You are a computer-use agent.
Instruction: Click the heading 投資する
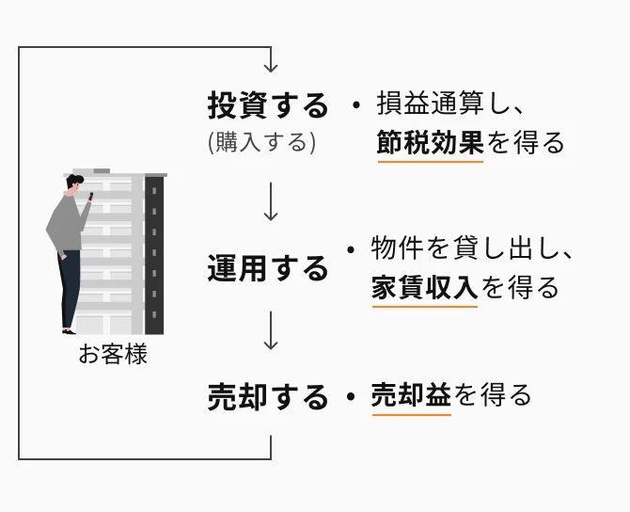click(x=268, y=105)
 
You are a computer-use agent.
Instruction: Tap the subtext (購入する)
click(x=261, y=142)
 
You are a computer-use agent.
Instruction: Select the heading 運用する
click(x=268, y=269)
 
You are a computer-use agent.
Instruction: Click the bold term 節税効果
click(x=430, y=142)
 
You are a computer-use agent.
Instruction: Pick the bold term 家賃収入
click(x=425, y=286)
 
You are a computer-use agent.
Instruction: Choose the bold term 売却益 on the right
click(x=412, y=394)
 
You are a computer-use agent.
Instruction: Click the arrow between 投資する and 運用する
click(x=271, y=202)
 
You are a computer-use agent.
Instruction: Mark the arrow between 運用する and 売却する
click(x=271, y=331)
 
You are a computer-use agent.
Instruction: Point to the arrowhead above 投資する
click(x=271, y=66)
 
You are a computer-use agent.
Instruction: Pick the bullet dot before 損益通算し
click(x=355, y=105)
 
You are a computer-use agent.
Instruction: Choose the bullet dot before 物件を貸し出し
click(x=350, y=251)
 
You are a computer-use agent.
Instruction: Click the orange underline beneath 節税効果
click(x=430, y=161)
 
